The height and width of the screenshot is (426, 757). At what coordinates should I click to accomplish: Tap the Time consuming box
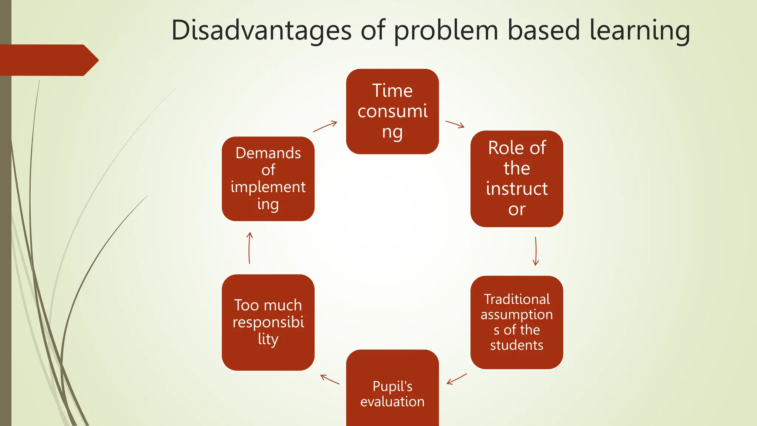(x=392, y=111)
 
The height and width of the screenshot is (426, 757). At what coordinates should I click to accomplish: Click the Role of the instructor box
(x=516, y=179)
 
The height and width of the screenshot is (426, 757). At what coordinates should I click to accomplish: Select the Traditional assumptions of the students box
(x=516, y=322)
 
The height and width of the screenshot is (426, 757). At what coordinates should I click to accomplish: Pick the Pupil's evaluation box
(x=392, y=394)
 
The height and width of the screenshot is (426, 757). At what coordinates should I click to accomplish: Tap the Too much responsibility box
(x=268, y=322)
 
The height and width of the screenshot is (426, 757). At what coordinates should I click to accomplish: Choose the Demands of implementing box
(x=268, y=179)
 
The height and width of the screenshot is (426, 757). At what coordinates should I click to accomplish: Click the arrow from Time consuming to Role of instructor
(x=455, y=124)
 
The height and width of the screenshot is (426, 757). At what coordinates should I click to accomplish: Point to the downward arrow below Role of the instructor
(x=536, y=251)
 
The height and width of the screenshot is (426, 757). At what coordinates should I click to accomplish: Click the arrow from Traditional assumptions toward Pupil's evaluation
(x=457, y=379)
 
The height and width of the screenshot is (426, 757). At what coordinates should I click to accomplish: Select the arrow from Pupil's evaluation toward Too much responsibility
(x=330, y=379)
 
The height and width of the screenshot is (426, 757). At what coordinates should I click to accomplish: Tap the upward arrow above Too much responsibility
(x=249, y=248)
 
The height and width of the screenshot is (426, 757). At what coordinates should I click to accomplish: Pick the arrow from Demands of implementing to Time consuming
(x=325, y=126)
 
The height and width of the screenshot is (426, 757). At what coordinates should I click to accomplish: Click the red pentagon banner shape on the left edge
(x=48, y=60)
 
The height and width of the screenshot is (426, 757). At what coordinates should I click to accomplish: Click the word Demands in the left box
(x=268, y=153)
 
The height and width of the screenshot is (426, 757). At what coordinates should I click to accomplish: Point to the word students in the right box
(x=516, y=345)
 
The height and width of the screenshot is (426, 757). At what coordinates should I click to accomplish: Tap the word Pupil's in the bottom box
(x=392, y=386)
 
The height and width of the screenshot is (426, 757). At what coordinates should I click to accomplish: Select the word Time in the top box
(x=392, y=91)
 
